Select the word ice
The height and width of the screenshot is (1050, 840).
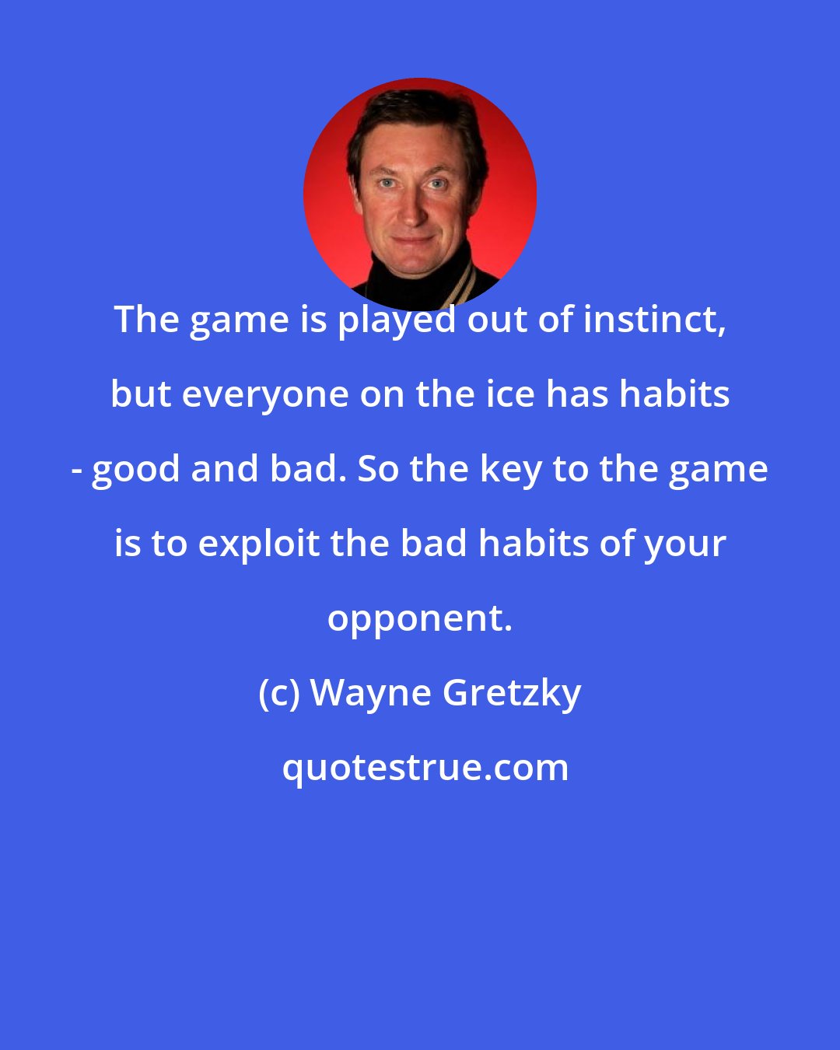tap(509, 394)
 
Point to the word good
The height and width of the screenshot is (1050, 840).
tap(136, 469)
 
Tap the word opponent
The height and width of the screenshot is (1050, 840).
tap(419, 618)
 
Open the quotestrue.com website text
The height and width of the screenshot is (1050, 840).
tap(425, 768)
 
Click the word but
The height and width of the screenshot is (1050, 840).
tap(140, 394)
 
